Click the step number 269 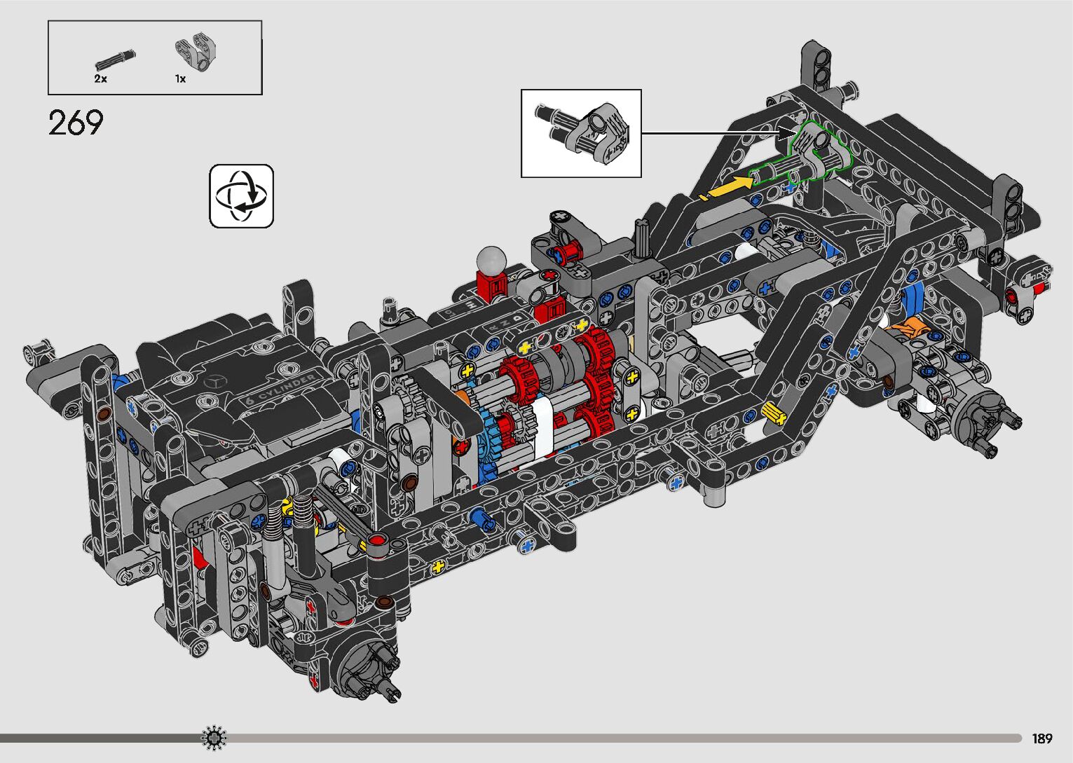pos(76,123)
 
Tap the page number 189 pos(1042,738)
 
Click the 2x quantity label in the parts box pos(101,79)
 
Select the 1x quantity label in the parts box pos(181,79)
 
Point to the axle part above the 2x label pos(116,60)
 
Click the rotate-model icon pos(241,196)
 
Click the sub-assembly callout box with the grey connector pos(581,133)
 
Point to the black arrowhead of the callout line pos(787,132)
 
